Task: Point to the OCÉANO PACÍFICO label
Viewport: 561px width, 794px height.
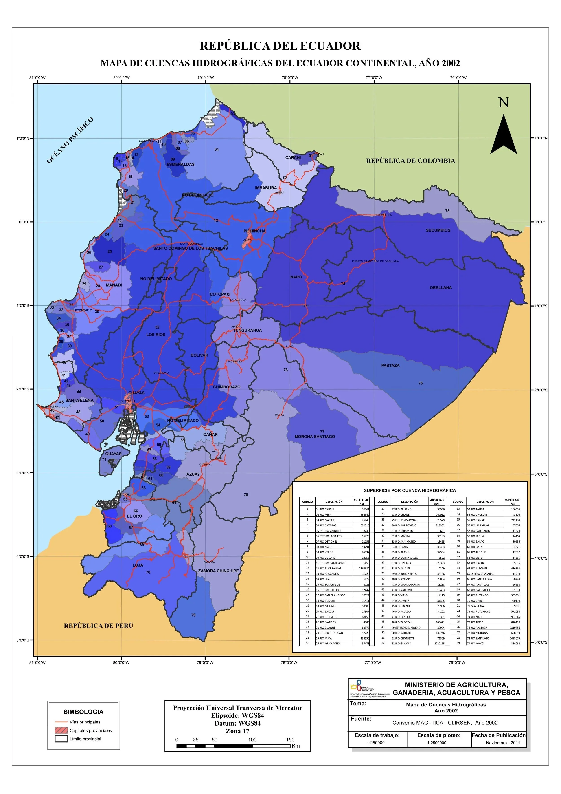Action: click(70, 140)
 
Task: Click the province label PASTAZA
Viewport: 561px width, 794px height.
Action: click(390, 366)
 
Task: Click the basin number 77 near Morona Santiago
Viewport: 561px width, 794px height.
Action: click(322, 432)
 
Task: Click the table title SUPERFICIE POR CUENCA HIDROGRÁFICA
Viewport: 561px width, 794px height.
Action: click(410, 490)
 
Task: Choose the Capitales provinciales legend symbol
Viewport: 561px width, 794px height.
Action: click(61, 730)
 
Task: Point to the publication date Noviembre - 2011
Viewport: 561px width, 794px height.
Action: click(503, 743)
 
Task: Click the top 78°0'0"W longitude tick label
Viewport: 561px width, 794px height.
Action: click(290, 77)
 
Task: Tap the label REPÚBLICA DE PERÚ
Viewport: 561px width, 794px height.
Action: click(99, 626)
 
